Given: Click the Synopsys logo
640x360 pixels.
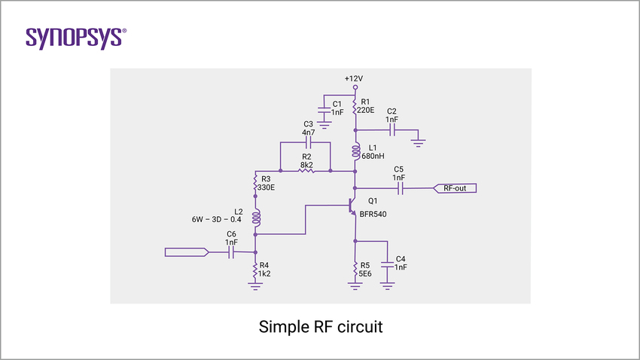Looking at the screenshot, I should click(x=76, y=38).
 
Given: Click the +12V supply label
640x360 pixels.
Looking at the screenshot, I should click(x=353, y=78).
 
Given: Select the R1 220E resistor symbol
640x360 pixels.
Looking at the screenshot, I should click(x=355, y=107).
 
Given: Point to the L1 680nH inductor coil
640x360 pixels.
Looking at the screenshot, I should click(x=355, y=151).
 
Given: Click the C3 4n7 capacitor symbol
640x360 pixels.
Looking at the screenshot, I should click(x=307, y=142).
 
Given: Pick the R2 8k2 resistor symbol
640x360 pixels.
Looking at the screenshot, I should click(x=306, y=171).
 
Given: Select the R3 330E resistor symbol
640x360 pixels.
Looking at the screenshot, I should click(x=256, y=183).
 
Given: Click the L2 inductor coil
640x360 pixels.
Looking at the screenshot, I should click(x=256, y=218).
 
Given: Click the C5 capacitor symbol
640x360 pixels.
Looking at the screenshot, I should click(x=401, y=188).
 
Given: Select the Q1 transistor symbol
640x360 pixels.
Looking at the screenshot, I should click(x=352, y=206).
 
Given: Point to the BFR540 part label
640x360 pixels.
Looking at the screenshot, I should click(x=377, y=215).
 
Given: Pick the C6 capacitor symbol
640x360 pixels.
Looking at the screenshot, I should click(x=232, y=252).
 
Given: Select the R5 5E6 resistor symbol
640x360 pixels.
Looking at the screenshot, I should click(x=355, y=269).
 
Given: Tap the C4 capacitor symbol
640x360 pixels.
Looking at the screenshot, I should click(x=388, y=266).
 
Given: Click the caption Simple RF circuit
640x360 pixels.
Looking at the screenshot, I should click(x=320, y=328).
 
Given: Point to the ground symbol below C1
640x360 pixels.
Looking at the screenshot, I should click(x=323, y=123).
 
